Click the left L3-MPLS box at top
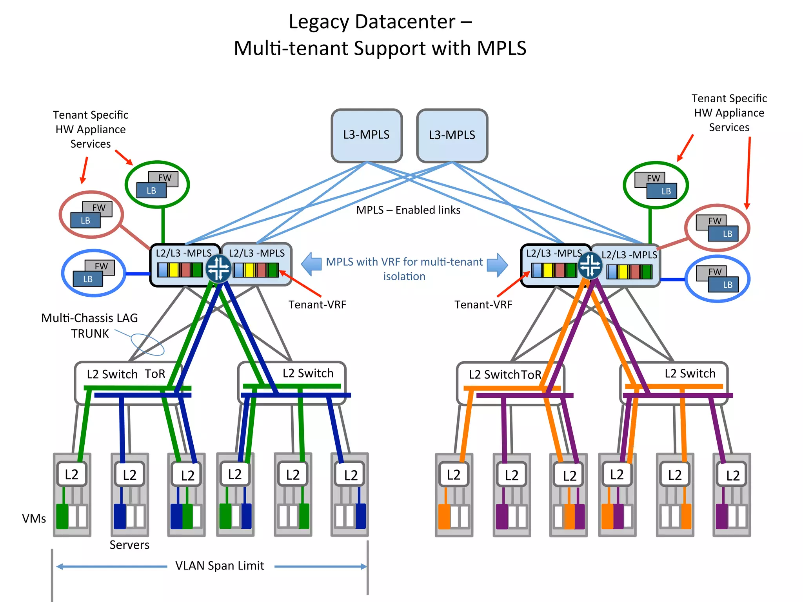(367, 135)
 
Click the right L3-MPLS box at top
(452, 135)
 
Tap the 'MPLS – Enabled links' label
(408, 210)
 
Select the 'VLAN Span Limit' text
(220, 566)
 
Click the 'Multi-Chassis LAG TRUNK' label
(89, 325)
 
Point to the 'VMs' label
(34, 519)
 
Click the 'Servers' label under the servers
(129, 545)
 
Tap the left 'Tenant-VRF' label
(317, 305)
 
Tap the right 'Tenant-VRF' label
(483, 305)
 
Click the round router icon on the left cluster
(218, 268)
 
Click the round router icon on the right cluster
(590, 265)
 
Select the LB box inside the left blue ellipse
(88, 279)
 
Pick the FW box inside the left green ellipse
(165, 178)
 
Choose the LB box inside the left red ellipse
(85, 221)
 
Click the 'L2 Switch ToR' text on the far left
(126, 374)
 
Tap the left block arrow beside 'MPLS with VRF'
(312, 264)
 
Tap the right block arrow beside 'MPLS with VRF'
(498, 265)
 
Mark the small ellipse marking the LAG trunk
(147, 344)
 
